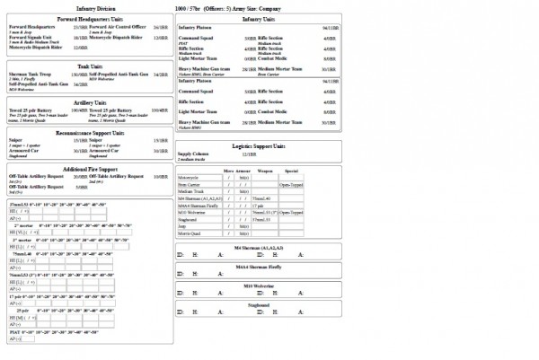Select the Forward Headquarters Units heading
[88, 18]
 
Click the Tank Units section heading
[88, 66]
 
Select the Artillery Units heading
[88, 102]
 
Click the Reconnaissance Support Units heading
[88, 132]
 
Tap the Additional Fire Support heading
[88, 168]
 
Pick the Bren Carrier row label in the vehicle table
[190, 185]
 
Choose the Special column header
[291, 171]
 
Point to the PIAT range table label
[15, 331]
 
